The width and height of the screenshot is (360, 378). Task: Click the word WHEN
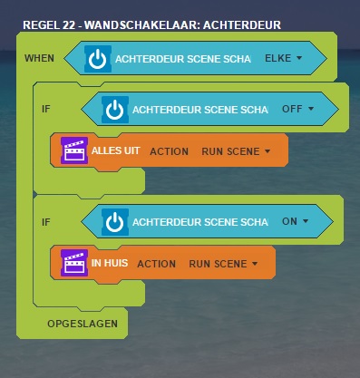coord(39,58)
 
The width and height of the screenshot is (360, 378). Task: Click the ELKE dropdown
coord(283,58)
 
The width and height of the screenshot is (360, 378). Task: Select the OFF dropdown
coord(297,109)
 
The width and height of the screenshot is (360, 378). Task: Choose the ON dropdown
coord(295,221)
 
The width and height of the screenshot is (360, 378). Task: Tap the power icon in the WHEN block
coord(98,59)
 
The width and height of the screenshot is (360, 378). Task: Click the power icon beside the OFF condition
coord(115,110)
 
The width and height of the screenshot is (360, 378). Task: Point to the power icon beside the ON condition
coord(115,222)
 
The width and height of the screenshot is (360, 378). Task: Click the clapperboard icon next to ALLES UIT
coord(74,150)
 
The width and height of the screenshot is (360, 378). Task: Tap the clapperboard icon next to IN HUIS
coord(74,263)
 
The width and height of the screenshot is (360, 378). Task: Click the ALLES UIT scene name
coord(115,150)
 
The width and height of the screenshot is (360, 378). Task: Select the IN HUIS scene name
coord(110,263)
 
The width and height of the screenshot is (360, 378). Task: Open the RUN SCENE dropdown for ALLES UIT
coord(236,151)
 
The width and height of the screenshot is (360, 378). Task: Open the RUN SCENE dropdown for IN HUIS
coord(223,264)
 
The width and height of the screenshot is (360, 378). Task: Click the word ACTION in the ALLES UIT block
coord(170,151)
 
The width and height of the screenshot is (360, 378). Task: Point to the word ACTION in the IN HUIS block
coord(157,264)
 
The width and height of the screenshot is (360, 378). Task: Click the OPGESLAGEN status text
coord(83,324)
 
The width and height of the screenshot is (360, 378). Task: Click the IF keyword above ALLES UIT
coord(46,109)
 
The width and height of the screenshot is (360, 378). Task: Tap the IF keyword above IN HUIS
coord(46,222)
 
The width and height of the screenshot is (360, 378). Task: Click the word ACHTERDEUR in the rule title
coord(242,25)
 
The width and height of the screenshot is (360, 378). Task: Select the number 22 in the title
coord(69,25)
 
